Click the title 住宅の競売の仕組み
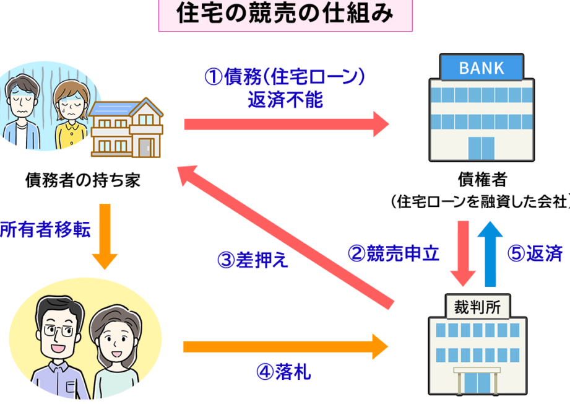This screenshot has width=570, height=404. [x=284, y=14]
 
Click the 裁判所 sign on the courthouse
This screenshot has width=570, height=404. [x=478, y=304]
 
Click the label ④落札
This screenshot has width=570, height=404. [x=283, y=372]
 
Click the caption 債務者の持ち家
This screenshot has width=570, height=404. [x=82, y=180]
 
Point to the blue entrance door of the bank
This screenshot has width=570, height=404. [x=481, y=148]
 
